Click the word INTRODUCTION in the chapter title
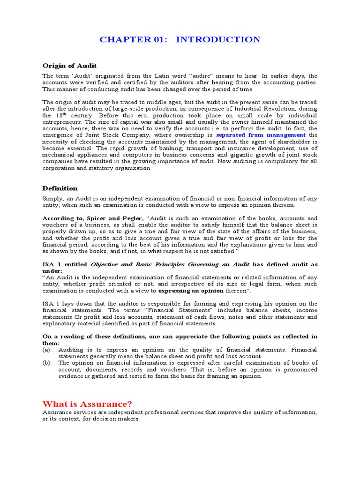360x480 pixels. [x=218, y=39]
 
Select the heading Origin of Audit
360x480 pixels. [x=69, y=66]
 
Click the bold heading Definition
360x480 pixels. [x=60, y=188]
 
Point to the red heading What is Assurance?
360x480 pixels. [x=87, y=404]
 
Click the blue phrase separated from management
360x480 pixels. [x=261, y=135]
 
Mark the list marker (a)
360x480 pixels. [x=46, y=350]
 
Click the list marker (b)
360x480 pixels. [x=46, y=363]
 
